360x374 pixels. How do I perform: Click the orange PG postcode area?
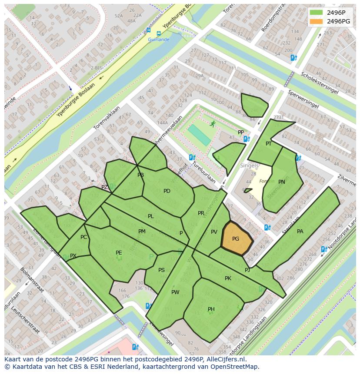coord(237,240)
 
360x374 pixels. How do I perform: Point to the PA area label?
coord(300,232)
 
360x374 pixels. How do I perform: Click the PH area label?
coord(211,309)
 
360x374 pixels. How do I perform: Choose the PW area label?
coord(175,292)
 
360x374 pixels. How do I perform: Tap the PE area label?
coord(119,252)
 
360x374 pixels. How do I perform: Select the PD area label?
coord(167,191)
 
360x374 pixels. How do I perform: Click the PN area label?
coord(282,182)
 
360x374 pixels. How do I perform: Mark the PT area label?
coord(269,144)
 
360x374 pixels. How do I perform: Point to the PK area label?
coord(228,278)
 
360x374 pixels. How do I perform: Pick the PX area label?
coord(73,256)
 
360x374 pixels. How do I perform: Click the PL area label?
coord(150,216)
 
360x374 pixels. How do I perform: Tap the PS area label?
coord(161,270)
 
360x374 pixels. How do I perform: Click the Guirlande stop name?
coord(158,40)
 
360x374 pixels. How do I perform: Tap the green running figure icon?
coord(213,124)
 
